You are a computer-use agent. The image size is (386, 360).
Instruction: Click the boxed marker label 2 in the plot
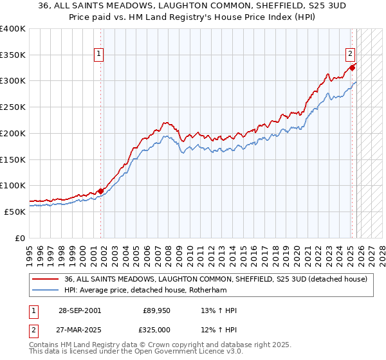[x=351, y=55]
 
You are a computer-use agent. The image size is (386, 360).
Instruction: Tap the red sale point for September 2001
[x=101, y=191]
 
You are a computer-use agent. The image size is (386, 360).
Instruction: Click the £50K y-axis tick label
[x=15, y=212]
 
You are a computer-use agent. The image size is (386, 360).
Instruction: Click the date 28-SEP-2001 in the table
[x=79, y=310]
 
